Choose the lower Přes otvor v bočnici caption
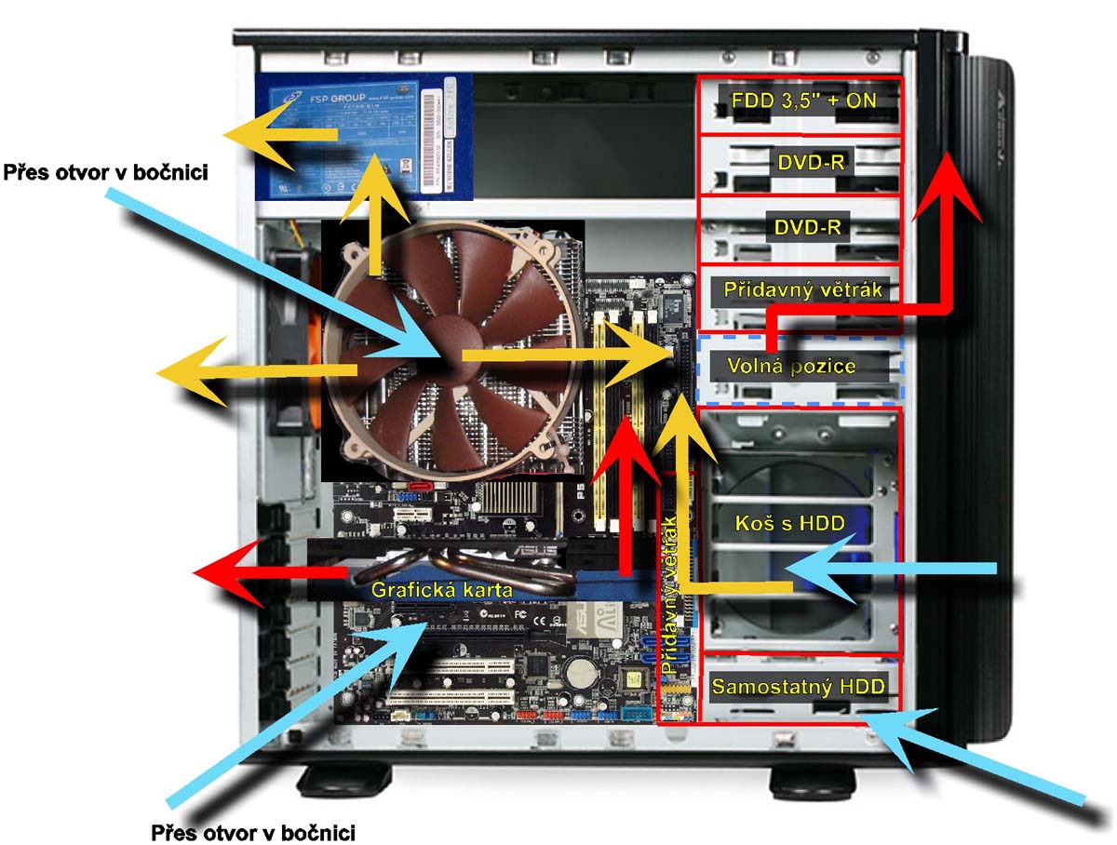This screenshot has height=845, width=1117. tap(252, 830)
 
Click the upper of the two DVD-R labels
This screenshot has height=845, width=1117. tap(810, 162)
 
